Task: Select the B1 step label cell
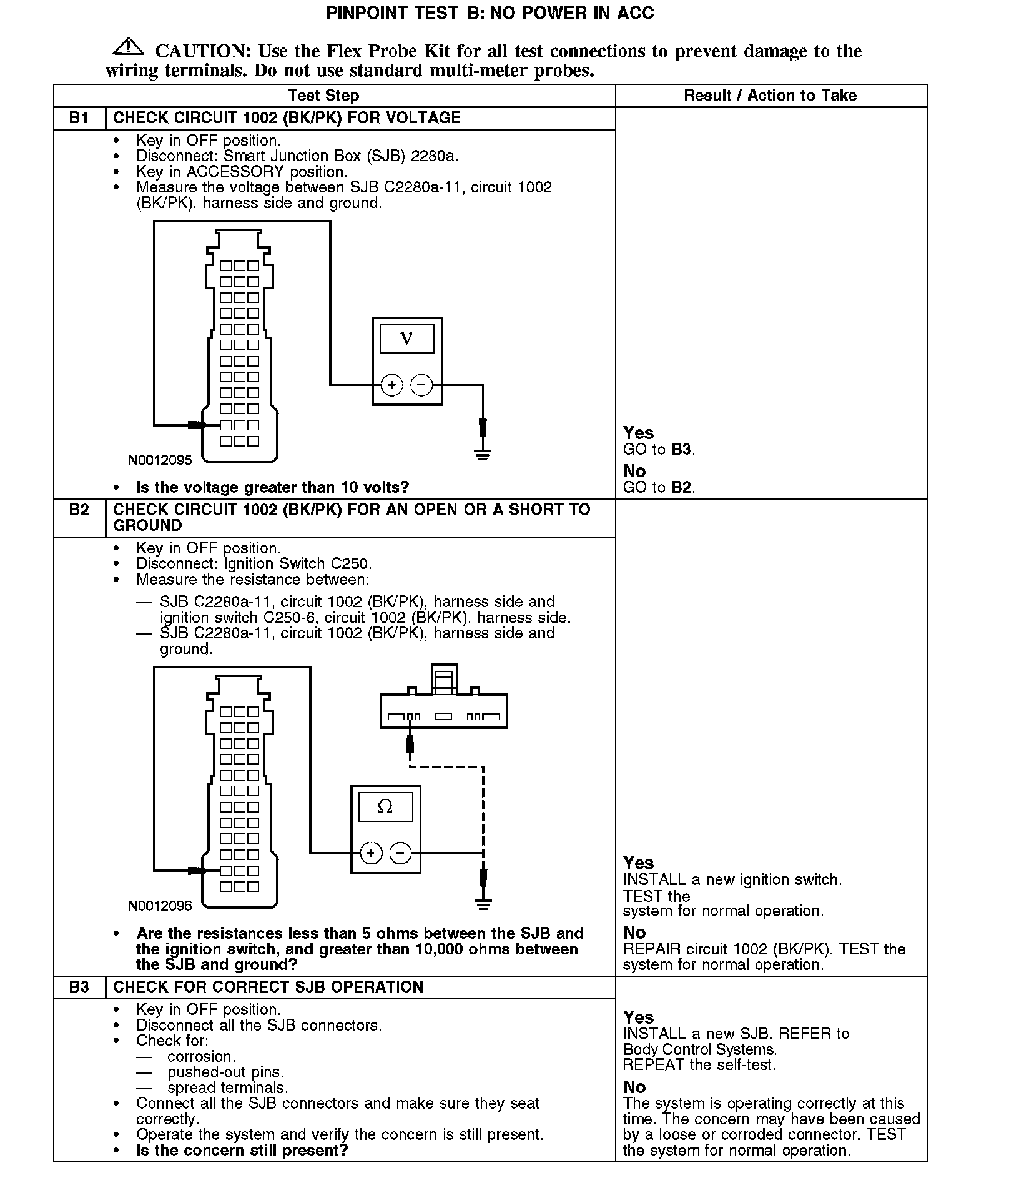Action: click(x=79, y=118)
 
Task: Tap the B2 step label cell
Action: click(x=79, y=510)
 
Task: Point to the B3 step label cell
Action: click(x=79, y=987)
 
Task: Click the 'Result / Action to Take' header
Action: click(x=770, y=96)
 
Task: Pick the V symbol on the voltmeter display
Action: click(x=406, y=338)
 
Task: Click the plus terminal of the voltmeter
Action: click(x=391, y=385)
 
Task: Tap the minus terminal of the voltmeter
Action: click(x=421, y=385)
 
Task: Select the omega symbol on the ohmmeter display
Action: click(x=385, y=806)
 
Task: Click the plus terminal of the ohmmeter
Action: click(x=371, y=853)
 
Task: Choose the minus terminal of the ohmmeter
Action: click(x=401, y=853)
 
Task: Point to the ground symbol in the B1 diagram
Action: click(x=483, y=453)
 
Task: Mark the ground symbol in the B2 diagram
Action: click(x=483, y=903)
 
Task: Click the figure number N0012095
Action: click(x=160, y=461)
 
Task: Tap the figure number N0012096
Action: click(x=160, y=906)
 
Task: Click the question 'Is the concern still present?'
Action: click(x=242, y=1150)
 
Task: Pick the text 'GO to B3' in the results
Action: click(x=659, y=450)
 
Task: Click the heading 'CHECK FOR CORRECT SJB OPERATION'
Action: click(x=268, y=987)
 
